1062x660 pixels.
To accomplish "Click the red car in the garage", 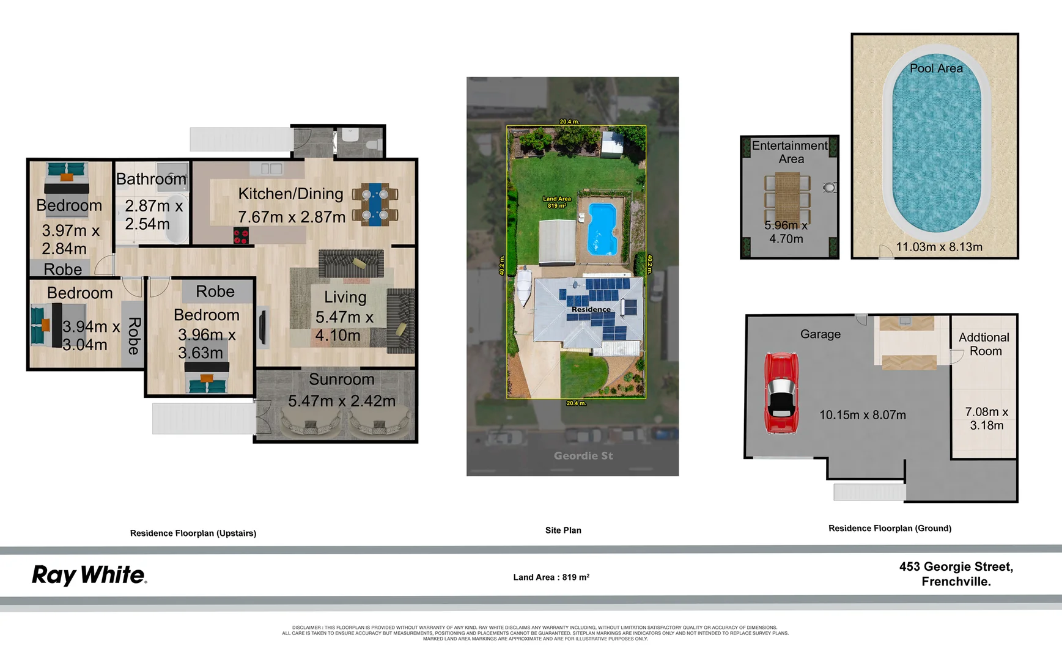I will (781, 393).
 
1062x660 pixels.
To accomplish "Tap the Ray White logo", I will (89, 575).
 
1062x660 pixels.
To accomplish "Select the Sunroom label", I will (341, 380).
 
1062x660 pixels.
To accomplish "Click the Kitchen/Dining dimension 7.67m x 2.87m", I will (292, 217).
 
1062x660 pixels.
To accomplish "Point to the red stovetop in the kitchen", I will (241, 235).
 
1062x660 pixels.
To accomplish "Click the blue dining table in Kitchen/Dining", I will (375, 204).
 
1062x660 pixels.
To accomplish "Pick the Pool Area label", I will (936, 68).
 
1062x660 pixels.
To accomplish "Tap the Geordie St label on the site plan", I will (583, 456).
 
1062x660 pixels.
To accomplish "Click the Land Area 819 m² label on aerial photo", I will (556, 202).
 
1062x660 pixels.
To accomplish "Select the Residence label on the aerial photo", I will (591, 309).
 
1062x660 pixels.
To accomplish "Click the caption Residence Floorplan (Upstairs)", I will (193, 533).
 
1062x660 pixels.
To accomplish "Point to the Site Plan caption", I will (563, 530).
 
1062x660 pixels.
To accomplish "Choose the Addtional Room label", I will (984, 344).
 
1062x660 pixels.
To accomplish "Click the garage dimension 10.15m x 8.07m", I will (863, 415).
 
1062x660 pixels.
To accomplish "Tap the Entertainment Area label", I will (790, 152).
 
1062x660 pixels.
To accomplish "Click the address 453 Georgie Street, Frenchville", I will (956, 574).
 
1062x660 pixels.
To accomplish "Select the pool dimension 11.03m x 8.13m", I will (939, 247).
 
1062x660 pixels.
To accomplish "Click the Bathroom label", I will (151, 179).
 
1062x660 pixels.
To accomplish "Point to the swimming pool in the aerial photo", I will (602, 228).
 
